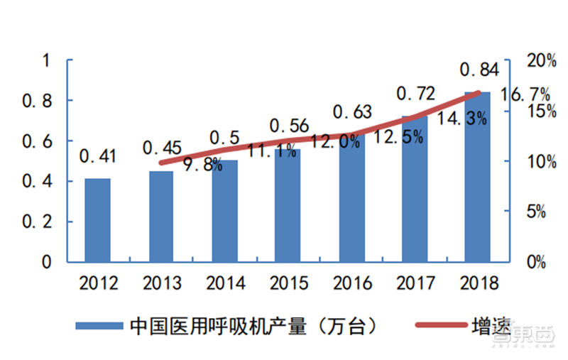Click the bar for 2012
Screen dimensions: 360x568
pyautogui.click(x=97, y=220)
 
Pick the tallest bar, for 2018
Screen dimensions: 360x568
pyautogui.click(x=477, y=178)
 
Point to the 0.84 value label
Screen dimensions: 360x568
pyautogui.click(x=479, y=70)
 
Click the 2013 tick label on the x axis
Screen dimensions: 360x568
pyautogui.click(x=162, y=283)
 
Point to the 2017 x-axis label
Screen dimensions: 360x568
pyautogui.click(x=415, y=283)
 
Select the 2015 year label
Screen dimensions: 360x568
pyautogui.click(x=289, y=283)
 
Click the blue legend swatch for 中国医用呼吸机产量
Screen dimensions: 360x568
pyautogui.click(x=99, y=326)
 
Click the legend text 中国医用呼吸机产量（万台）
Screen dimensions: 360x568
pyautogui.click(x=253, y=326)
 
